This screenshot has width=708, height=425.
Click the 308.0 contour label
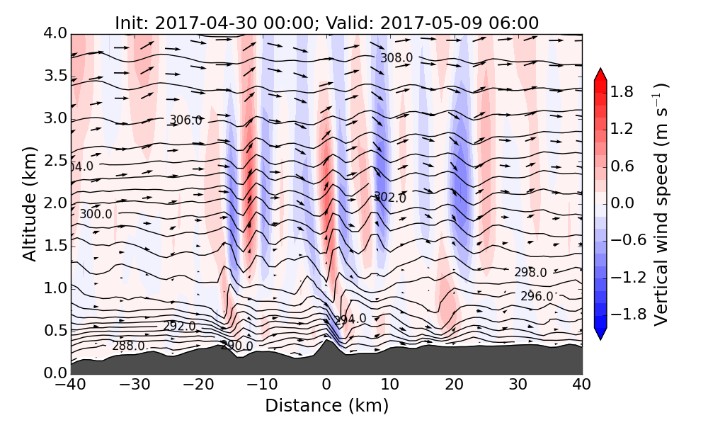pyautogui.click(x=396, y=58)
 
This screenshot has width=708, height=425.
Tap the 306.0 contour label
pyautogui.click(x=185, y=120)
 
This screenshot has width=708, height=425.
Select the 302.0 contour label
pyautogui.click(x=390, y=198)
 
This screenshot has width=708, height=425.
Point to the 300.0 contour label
pyautogui.click(x=96, y=214)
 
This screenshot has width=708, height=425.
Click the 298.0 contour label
pyautogui.click(x=530, y=273)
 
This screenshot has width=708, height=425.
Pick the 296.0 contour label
pyautogui.click(x=537, y=296)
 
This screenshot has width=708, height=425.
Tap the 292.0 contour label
pyautogui.click(x=179, y=326)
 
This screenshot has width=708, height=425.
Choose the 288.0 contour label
pyautogui.click(x=128, y=346)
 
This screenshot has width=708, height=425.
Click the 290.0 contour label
pyautogui.click(x=236, y=346)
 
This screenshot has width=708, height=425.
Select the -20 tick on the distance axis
pyautogui.click(x=198, y=385)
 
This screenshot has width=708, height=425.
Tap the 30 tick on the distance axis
pyautogui.click(x=518, y=385)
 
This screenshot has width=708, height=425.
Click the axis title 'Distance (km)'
pyautogui.click(x=326, y=406)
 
